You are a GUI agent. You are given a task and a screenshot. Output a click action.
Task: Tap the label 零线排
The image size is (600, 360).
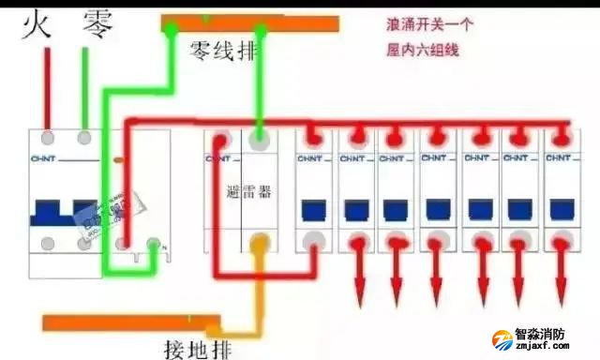(223, 49)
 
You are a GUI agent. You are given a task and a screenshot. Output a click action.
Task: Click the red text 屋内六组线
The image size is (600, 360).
(423, 50)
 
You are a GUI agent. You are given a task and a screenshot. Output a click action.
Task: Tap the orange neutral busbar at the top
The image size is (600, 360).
(248, 23)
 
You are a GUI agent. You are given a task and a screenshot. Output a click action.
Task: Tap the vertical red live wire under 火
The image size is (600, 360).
(45, 89)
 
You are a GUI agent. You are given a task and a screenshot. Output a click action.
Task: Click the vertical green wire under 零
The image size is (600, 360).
(85, 89)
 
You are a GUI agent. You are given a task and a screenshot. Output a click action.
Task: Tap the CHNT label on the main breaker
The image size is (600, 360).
(43, 158)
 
